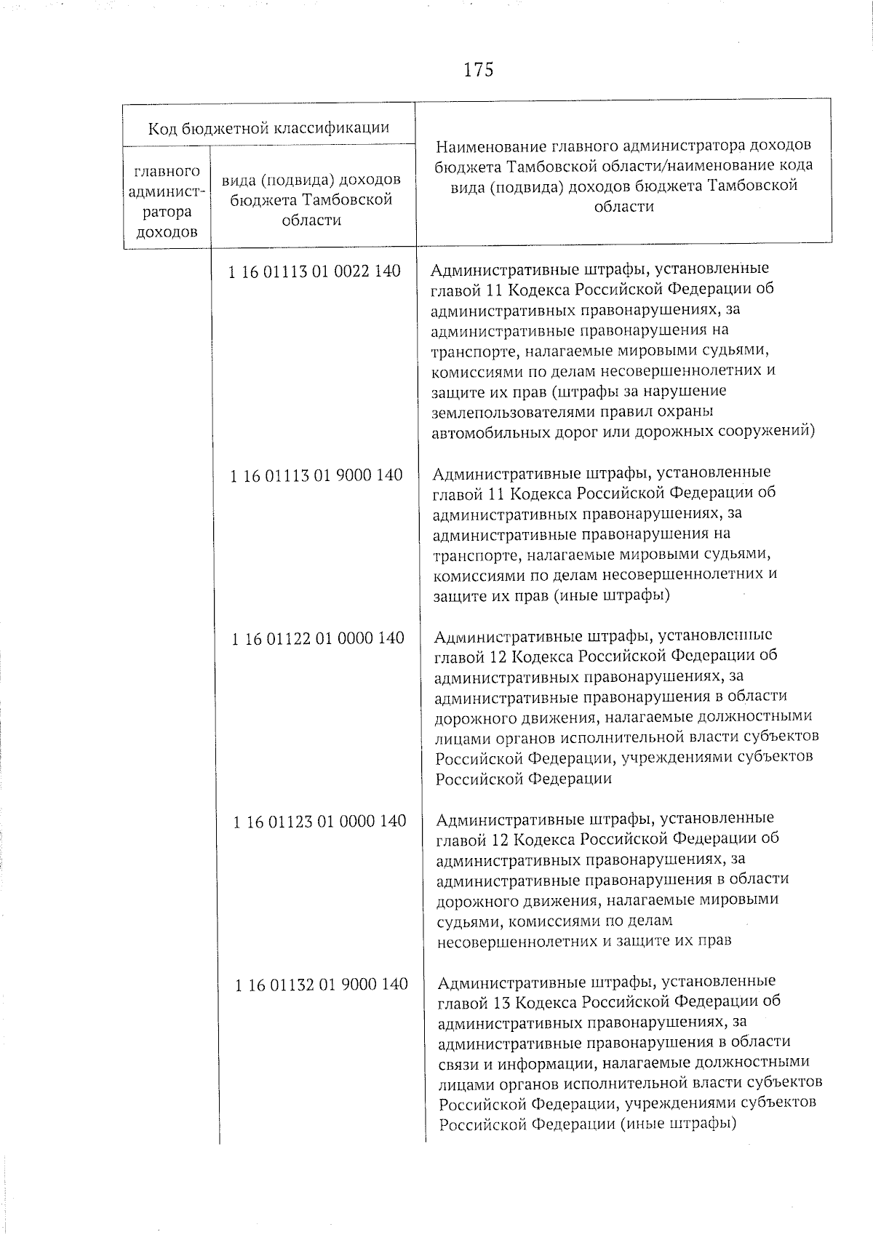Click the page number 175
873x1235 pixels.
[478, 70]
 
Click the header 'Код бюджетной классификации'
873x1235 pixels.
[268, 128]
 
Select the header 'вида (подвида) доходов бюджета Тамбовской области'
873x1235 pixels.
[312, 199]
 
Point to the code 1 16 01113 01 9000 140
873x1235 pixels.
[316, 474]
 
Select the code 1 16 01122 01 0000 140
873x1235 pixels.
[317, 638]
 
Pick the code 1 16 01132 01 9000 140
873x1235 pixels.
[321, 984]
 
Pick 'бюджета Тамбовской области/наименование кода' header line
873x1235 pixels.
[623, 165]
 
